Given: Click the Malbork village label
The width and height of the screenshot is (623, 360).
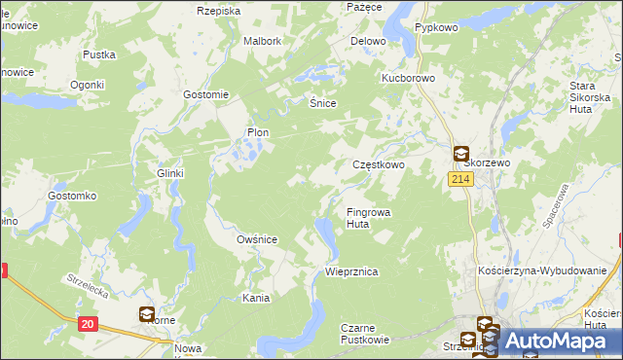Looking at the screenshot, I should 263,42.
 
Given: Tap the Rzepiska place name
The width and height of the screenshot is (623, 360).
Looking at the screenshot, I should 218,11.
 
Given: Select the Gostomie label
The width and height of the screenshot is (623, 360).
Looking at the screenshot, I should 205,94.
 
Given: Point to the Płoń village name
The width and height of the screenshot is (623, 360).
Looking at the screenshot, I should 258,132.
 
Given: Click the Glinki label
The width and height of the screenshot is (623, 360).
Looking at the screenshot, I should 170,173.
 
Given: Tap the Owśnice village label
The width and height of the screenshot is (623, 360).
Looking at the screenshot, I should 258,239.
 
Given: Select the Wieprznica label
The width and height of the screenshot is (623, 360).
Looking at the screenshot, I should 351,272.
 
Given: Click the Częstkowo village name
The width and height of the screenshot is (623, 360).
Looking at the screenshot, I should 378,165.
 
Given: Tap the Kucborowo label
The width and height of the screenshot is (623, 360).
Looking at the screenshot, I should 408,76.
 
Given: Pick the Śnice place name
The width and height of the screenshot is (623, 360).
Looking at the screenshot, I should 322,102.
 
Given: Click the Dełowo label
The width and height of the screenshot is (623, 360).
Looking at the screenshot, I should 368,42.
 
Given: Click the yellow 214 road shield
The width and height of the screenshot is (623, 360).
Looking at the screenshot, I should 460,180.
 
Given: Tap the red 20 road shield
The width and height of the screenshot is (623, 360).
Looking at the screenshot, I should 88,324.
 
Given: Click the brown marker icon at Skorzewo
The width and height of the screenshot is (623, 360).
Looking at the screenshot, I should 460,153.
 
